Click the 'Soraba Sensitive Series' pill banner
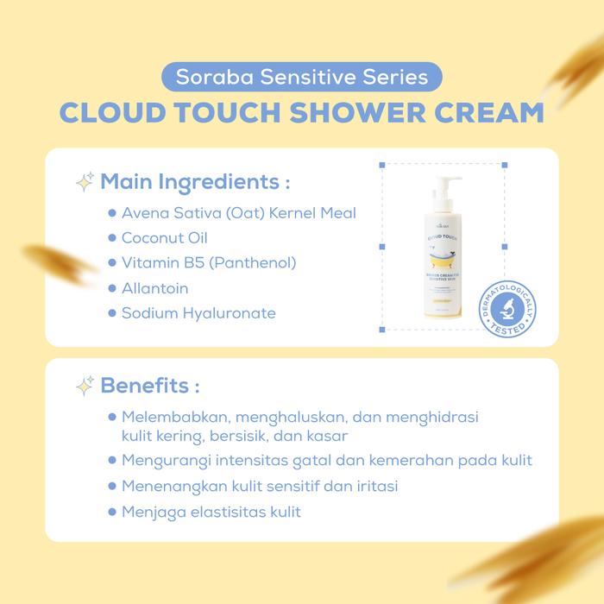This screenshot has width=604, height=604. (x=302, y=77)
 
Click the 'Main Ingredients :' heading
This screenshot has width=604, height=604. (x=195, y=183)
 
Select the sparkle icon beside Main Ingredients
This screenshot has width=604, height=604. (x=85, y=183)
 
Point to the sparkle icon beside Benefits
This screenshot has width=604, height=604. (x=85, y=385)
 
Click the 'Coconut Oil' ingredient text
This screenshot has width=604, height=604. (x=165, y=237)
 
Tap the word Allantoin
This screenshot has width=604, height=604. (x=154, y=287)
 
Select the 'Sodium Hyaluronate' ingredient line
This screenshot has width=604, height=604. (x=198, y=312)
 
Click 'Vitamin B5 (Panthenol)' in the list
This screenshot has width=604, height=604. (x=209, y=262)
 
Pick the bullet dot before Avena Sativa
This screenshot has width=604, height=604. (x=112, y=212)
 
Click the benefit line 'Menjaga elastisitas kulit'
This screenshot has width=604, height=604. (x=211, y=512)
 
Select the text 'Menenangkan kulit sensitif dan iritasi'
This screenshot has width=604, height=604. (x=260, y=486)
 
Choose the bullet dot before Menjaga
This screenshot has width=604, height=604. (x=112, y=512)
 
